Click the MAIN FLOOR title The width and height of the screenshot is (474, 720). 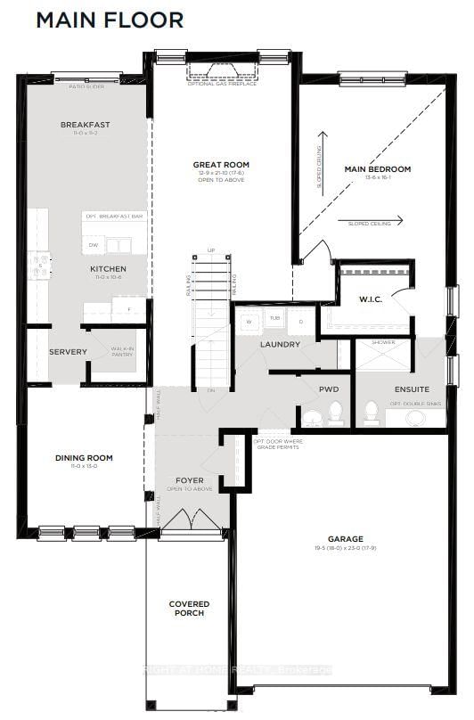pos(110,20)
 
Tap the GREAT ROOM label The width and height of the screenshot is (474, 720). pos(221,165)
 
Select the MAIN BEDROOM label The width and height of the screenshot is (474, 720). pos(378,168)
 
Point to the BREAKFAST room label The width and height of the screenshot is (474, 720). pos(85,125)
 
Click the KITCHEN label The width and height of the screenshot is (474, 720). pos(108,268)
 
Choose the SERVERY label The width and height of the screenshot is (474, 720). pos(69,351)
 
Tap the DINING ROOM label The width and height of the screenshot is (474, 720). pos(84,458)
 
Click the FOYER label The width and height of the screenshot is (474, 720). pos(190,480)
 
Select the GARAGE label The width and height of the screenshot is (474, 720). pos(345,539)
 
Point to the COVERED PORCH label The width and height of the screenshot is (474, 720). pos(189,609)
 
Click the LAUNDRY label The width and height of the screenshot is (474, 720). pos(280,344)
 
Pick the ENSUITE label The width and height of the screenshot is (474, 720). pos(412,389)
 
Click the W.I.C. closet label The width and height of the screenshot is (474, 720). pos(371,299)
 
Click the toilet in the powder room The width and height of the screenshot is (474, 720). pos(336,413)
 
